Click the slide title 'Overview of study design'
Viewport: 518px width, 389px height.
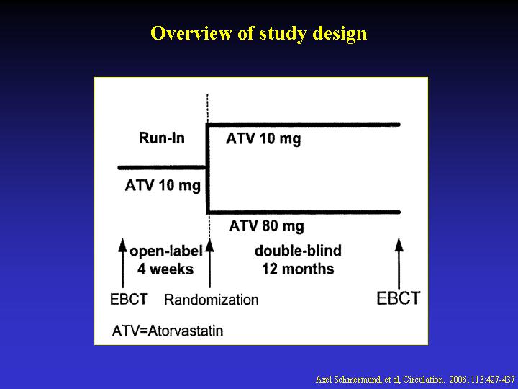click(x=259, y=33)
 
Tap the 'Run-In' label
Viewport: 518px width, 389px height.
click(x=162, y=138)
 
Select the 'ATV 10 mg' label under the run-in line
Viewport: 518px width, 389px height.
click(x=163, y=186)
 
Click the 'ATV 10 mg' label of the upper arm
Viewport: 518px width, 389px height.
click(x=263, y=139)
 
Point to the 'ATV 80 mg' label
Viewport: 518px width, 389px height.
click(x=266, y=227)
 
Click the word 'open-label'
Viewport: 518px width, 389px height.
click(x=166, y=251)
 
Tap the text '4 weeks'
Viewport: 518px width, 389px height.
click(x=165, y=269)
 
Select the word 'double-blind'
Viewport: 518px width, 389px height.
click(x=298, y=251)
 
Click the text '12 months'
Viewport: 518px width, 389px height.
click(x=298, y=269)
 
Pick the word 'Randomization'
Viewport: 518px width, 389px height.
click(x=211, y=300)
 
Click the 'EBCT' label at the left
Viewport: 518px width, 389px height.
click(x=129, y=300)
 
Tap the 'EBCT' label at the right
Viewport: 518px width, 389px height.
click(x=399, y=298)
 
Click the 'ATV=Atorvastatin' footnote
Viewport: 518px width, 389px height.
click(x=168, y=331)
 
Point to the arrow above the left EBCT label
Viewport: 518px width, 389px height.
click(x=122, y=263)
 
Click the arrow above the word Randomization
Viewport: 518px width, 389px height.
click(x=209, y=263)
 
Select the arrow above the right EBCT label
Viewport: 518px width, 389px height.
click(x=399, y=263)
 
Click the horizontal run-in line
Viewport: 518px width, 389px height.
click(x=162, y=168)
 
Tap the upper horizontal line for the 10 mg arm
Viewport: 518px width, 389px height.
click(x=303, y=125)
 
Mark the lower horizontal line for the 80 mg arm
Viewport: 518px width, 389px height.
click(x=303, y=212)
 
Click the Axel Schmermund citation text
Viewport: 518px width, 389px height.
click(x=415, y=380)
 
